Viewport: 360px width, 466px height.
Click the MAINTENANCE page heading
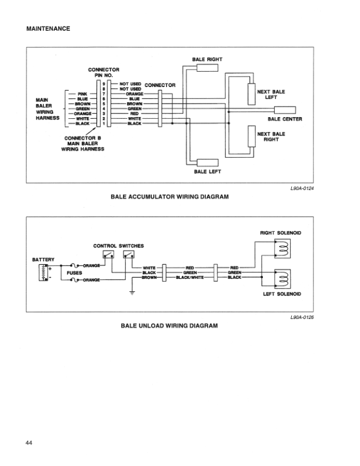tap(48, 28)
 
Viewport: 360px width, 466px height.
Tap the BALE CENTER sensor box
tap(282, 111)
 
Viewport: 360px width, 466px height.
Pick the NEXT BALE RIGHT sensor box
tap(252, 137)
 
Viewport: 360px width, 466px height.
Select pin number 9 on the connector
tap(104, 84)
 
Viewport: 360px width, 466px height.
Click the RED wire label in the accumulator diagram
tap(134, 114)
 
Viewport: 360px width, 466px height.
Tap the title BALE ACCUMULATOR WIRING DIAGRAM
tap(169, 196)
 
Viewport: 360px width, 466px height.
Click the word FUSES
tap(75, 273)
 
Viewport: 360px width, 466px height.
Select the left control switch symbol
tap(108, 255)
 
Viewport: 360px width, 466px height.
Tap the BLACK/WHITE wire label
tap(190, 277)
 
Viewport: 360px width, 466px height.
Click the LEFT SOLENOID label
tap(282, 292)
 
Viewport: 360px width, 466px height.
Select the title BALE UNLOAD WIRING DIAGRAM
tap(169, 325)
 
